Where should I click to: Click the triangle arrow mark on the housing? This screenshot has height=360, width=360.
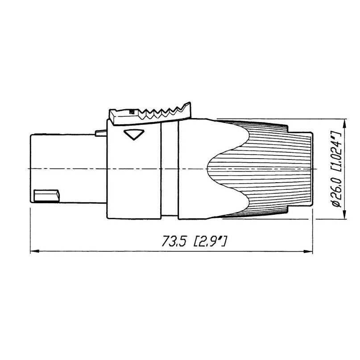pyautogui.click(x=134, y=135)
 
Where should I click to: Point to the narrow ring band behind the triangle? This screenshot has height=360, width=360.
pyautogui.click(x=170, y=169)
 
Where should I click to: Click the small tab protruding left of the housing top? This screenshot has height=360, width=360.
pyautogui.click(x=101, y=133)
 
